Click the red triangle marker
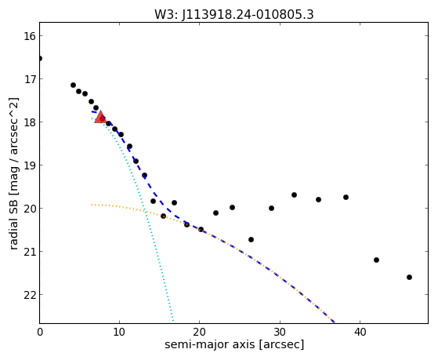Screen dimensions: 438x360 click(100, 117)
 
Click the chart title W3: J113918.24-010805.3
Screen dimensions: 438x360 click(234, 14)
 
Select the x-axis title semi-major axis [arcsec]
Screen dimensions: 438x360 click(234, 344)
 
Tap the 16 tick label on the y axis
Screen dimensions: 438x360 click(29, 36)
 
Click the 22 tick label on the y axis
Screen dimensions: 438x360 click(29, 295)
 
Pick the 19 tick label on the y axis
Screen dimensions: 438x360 click(29, 165)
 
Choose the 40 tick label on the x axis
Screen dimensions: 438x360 click(360, 332)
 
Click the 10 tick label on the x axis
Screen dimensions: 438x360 click(119, 332)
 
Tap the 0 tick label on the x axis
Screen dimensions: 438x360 click(40, 332)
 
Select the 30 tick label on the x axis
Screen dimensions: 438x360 click(280, 332)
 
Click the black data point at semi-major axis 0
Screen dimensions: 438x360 click(40, 58)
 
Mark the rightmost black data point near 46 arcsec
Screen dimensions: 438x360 click(409, 277)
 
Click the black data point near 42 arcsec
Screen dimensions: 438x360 click(376, 260)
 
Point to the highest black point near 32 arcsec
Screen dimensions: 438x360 click(294, 195)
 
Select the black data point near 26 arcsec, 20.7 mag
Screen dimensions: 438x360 click(251, 239)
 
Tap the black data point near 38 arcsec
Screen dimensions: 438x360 click(346, 197)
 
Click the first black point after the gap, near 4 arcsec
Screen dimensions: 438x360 click(73, 85)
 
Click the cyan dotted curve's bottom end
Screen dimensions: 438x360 click(173, 321)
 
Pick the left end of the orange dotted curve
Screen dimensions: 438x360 click(92, 205)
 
